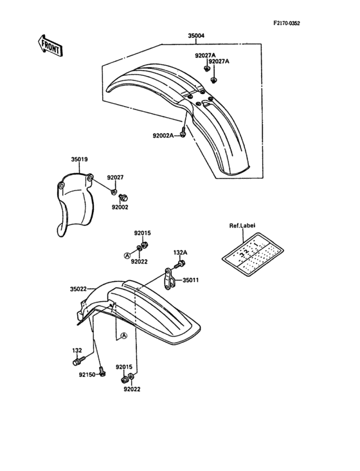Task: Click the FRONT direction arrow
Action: pyautogui.click(x=50, y=46)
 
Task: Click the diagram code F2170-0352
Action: pyautogui.click(x=287, y=23)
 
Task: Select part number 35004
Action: pyautogui.click(x=196, y=36)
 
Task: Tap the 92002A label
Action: pyautogui.click(x=163, y=136)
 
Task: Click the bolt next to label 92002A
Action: pyautogui.click(x=183, y=134)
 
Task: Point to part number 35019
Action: pyautogui.click(x=79, y=160)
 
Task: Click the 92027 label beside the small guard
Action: pyautogui.click(x=115, y=178)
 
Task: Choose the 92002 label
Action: pyautogui.click(x=120, y=207)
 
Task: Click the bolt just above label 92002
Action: pyautogui.click(x=123, y=198)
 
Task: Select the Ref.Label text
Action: pyautogui.click(x=242, y=226)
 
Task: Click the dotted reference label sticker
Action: pyautogui.click(x=253, y=254)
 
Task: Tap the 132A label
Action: pyautogui.click(x=180, y=253)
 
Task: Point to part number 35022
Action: pyautogui.click(x=78, y=290)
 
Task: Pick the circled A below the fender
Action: pyautogui.click(x=124, y=336)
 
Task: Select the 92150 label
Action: pyautogui.click(x=87, y=375)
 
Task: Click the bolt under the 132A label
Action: pyautogui.click(x=181, y=264)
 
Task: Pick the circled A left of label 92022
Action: pyautogui.click(x=127, y=255)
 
